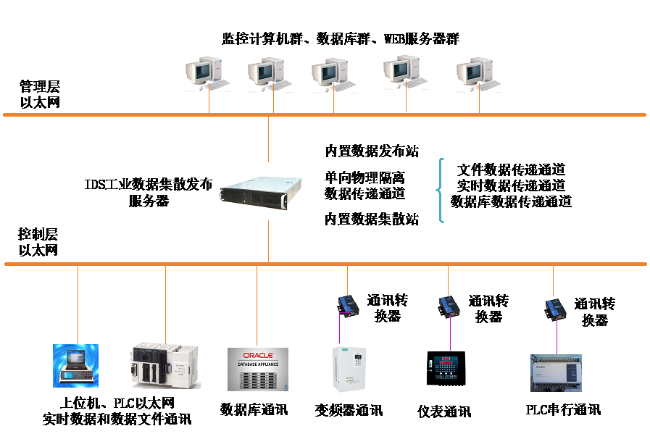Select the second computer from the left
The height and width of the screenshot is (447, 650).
pos(270,73)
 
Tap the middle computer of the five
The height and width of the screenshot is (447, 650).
pos(333,75)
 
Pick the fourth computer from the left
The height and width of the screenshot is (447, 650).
pos(405,72)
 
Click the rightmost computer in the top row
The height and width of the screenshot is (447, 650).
pos(478,74)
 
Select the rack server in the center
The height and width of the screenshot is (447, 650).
pos(259,191)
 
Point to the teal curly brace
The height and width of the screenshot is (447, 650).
pos(439,190)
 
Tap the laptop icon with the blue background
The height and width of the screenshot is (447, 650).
pos(75,366)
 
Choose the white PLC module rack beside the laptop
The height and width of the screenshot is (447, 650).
pos(164,367)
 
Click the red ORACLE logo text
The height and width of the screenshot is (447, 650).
pos(258,356)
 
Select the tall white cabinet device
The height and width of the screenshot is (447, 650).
pos(347,369)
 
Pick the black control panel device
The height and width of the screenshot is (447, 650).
pos(445,368)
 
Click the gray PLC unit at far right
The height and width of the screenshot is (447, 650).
pos(556,372)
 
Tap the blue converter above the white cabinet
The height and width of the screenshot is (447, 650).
pos(348,306)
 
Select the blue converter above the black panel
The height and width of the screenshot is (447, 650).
pos(449,306)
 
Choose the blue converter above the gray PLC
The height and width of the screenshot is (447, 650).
pos(556,309)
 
